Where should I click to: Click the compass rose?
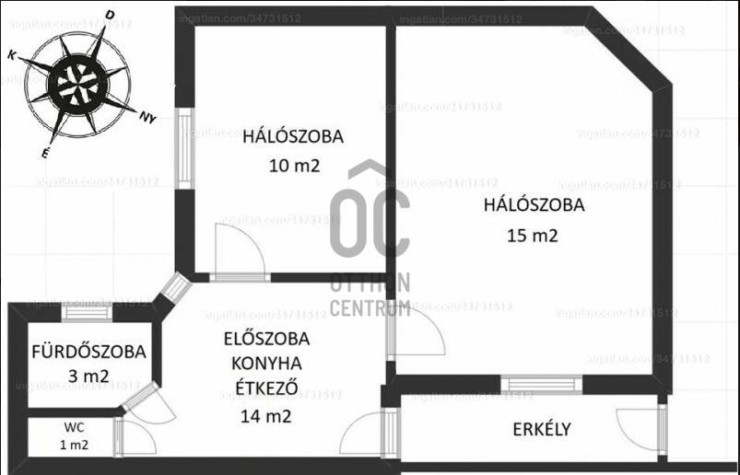point(76,85)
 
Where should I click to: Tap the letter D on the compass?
point(110,16)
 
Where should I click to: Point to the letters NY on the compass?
point(147,117)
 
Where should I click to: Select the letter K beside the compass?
point(12,55)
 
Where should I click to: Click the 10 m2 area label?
point(294,167)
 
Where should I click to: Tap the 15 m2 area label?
point(533,235)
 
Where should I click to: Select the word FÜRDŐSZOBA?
point(88,352)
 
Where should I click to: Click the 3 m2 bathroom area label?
point(88,376)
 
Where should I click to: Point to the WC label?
point(75,427)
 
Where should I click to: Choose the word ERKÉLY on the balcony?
point(542,429)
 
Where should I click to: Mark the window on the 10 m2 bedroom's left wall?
point(184,148)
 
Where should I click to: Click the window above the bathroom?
point(88,311)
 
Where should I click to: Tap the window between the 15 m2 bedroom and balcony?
point(542,384)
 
